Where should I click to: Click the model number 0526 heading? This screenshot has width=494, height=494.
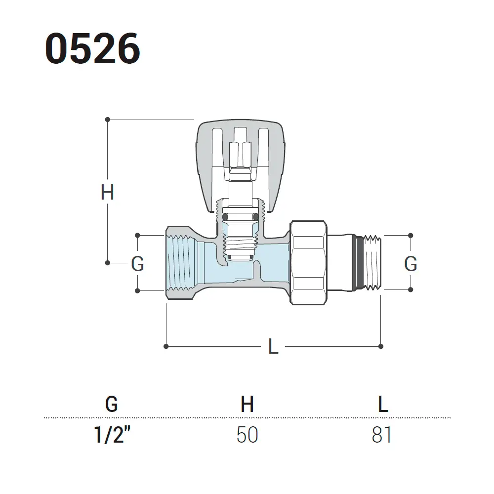coord(93,48)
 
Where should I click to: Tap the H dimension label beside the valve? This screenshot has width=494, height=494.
coord(107,192)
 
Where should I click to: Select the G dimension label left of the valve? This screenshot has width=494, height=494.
coord(137,263)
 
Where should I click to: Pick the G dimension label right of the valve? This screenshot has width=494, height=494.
coord(411,263)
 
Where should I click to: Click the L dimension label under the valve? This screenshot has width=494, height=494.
coord(273,346)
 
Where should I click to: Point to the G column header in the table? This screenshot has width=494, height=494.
coord(112,404)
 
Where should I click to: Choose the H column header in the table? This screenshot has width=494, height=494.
coord(247,404)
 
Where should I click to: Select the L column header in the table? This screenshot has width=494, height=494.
coord(383,404)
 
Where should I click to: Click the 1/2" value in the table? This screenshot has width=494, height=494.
coord(112,435)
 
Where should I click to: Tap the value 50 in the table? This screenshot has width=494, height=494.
coord(247,435)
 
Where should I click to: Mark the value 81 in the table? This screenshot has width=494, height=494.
coord(381,435)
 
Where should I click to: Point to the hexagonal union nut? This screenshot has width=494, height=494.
coord(308,263)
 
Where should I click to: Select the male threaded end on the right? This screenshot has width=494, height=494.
coord(372,263)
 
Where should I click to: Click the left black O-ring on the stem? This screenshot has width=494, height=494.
coord(225,217)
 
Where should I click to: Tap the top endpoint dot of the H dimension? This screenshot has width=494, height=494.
coord(107,120)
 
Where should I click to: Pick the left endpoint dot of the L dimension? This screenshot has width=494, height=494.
coord(166,346)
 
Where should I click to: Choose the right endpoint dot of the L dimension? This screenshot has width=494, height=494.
coord(380,346)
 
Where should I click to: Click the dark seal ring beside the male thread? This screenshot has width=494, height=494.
coord(358,263)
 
